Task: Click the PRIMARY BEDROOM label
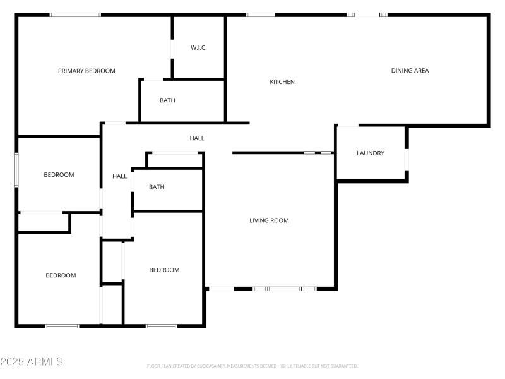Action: (x=86, y=71)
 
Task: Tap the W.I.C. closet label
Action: (x=199, y=48)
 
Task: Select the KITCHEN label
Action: (x=282, y=82)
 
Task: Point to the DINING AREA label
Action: (x=410, y=71)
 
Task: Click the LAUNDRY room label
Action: (x=371, y=153)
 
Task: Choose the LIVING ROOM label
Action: (x=269, y=220)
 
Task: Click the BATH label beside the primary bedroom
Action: (x=167, y=100)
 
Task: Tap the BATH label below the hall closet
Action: (x=157, y=187)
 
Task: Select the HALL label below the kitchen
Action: (x=197, y=138)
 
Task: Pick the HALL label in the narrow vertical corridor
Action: (x=120, y=177)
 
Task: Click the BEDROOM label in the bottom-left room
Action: (x=61, y=275)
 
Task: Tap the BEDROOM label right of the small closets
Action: (x=164, y=270)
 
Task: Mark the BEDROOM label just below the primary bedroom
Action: (x=59, y=175)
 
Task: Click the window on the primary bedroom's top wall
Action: (x=75, y=15)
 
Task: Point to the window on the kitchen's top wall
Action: (x=260, y=15)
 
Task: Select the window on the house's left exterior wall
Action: (x=16, y=169)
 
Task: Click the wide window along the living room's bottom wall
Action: (x=284, y=289)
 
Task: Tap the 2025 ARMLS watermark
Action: (x=32, y=362)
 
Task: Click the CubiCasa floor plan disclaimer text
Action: (x=252, y=366)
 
